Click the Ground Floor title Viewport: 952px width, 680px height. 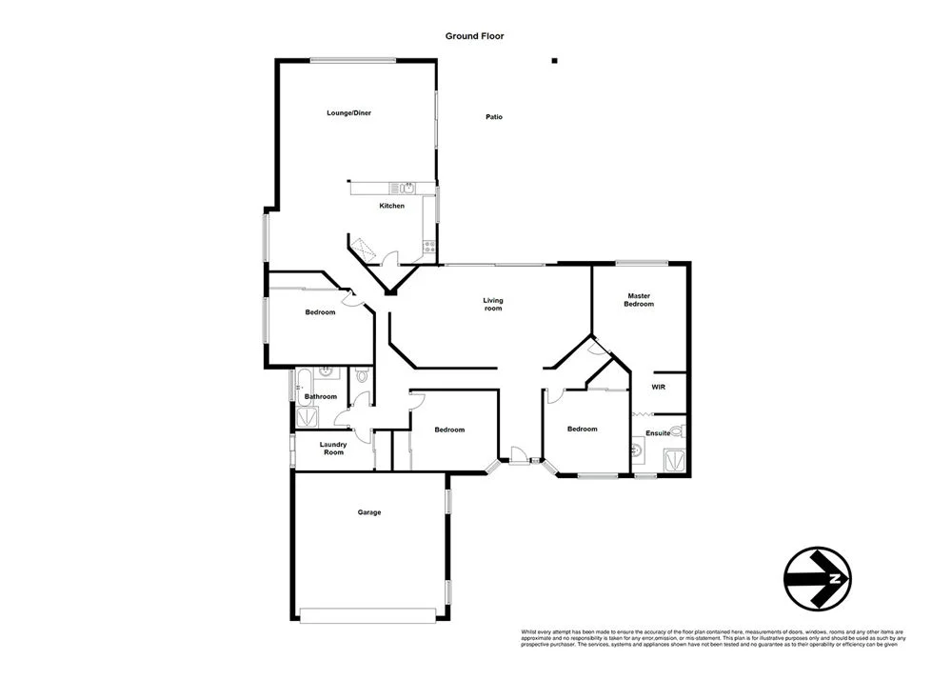point(474,36)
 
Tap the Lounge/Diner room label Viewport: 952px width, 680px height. point(348,113)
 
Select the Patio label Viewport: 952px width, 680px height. point(493,117)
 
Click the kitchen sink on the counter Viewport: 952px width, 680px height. point(405,187)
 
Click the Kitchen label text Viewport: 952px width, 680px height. point(391,206)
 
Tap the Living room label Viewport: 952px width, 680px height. point(492,305)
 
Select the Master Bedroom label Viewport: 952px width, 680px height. point(638,300)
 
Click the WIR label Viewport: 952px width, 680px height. point(658,388)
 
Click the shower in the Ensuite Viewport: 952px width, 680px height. point(674,459)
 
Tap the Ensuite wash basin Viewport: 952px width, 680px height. point(637,449)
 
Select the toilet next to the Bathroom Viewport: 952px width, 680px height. point(361,377)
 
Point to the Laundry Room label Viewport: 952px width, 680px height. point(332,448)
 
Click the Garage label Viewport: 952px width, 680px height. point(369,512)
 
